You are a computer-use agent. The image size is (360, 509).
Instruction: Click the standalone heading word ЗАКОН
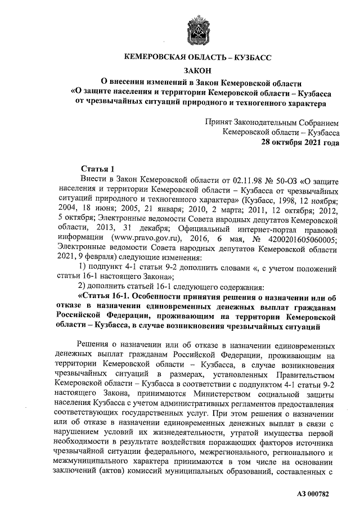click(x=197, y=70)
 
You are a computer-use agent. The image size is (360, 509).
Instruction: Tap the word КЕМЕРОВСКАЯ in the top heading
click(x=156, y=57)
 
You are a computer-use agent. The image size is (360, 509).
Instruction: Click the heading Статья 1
click(x=98, y=169)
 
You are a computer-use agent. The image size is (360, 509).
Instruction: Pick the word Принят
click(x=219, y=122)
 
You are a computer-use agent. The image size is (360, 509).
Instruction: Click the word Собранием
click(x=318, y=122)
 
